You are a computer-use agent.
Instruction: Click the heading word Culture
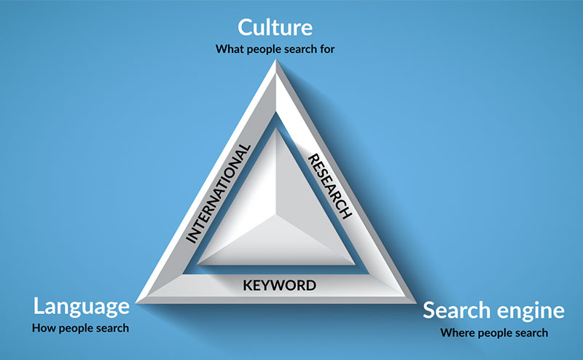coord(275,28)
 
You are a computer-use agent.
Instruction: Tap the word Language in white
coord(82,308)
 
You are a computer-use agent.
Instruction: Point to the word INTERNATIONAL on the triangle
coord(218,194)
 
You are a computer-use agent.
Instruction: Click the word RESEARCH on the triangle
coord(329,186)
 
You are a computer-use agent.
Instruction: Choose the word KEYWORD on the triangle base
coord(280,285)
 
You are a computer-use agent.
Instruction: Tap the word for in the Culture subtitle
coord(327,49)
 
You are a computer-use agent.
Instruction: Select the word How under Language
coord(44,328)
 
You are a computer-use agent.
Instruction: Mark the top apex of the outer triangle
coord(276,60)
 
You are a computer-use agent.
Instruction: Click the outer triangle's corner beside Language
coord(136,302)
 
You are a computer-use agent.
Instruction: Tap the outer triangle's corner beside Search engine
coord(415,302)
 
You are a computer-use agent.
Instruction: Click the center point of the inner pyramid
coord(276,215)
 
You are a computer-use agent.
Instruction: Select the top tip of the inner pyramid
coord(276,128)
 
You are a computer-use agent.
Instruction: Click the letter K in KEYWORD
coord(248,285)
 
